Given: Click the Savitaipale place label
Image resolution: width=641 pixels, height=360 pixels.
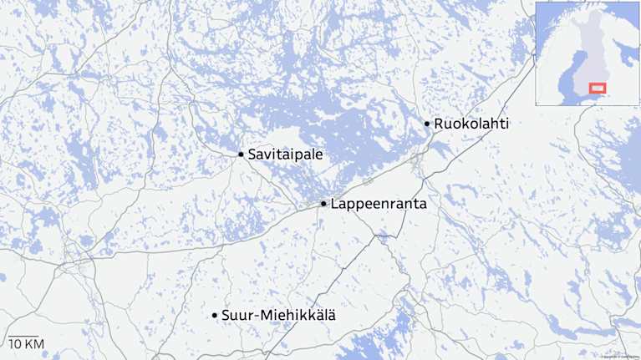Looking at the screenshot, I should [x=286, y=155].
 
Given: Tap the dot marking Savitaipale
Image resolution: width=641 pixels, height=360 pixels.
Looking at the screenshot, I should [x=241, y=155].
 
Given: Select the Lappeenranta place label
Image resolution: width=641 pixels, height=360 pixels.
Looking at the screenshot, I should [x=379, y=204].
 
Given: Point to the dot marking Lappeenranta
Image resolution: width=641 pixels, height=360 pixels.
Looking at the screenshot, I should [x=323, y=204].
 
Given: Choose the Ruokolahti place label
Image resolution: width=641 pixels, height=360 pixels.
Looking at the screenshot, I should [x=471, y=124].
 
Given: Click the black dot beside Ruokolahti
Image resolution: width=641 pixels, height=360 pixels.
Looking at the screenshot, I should [x=427, y=124].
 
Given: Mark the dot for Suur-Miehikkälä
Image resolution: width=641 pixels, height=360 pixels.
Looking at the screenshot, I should [x=215, y=315].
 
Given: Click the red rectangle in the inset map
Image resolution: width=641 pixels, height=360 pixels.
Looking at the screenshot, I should [x=597, y=88].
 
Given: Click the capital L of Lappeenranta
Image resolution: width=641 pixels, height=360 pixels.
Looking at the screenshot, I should [x=334, y=204].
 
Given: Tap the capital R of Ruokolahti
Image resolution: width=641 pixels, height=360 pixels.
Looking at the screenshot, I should [x=439, y=124].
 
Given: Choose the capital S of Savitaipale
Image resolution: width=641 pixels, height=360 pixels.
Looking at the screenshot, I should [x=252, y=155].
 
